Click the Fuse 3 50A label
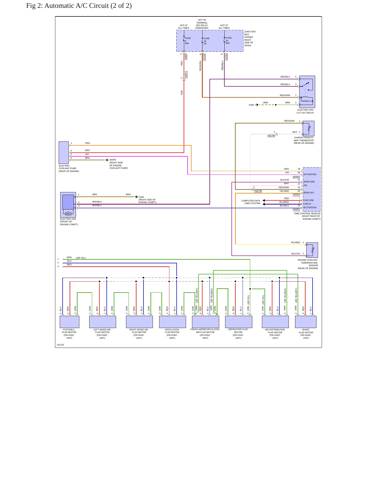point(188,41)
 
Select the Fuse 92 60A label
point(229,40)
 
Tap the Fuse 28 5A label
point(206,41)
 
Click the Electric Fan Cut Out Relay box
point(307,92)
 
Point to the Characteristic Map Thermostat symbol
point(308,128)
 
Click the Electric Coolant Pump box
point(64,153)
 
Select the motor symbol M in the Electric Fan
point(68,214)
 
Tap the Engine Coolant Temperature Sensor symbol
point(312,250)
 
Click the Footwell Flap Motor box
point(69,322)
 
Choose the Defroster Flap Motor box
point(238,322)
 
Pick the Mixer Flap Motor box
point(306,322)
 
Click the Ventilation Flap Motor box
point(172,322)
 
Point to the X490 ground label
point(251,105)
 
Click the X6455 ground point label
point(113,160)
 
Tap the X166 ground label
point(141,197)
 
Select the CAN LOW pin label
point(308,200)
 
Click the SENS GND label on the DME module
point(309,182)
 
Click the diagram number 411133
point(60,345)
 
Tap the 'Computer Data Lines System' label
point(251,202)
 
